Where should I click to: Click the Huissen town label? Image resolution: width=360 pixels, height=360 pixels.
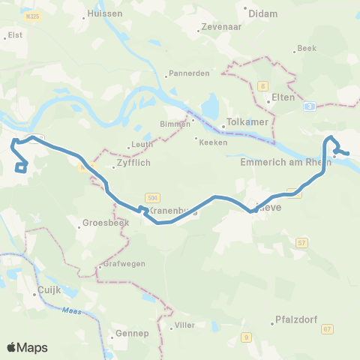(99, 13)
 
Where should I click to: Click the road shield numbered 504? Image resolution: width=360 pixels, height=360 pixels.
(153, 196)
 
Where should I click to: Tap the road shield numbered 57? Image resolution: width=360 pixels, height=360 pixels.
(302, 242)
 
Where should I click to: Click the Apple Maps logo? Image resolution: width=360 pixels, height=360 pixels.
(27, 347)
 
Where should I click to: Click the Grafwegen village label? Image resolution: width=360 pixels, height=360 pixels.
(124, 263)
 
